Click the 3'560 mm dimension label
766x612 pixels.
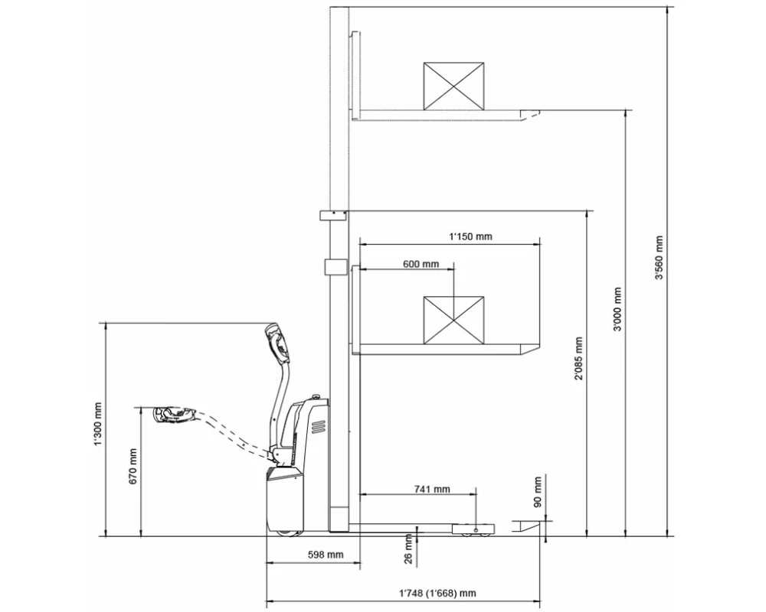[x=660, y=258]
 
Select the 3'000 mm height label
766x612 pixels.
[x=618, y=308]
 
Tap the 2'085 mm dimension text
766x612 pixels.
[x=579, y=359]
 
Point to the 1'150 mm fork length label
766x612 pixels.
[x=470, y=236]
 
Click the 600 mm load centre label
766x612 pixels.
[x=421, y=264]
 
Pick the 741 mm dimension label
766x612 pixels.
[x=432, y=489]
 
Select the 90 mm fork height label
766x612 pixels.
[x=538, y=492]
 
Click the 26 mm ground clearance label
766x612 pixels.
[x=408, y=549]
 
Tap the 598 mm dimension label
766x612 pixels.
[x=326, y=555]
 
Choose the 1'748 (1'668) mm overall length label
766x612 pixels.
[x=437, y=594]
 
